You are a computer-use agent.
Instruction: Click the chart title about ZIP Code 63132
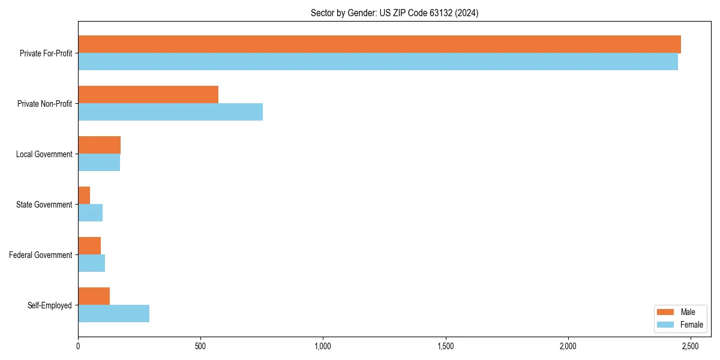394,13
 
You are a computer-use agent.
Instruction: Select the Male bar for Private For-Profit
379,44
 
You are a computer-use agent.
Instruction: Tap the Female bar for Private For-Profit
378,62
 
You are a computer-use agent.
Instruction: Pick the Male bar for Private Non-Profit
148,95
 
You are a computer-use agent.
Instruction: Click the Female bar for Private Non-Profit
170,112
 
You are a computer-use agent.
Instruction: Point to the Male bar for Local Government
99,145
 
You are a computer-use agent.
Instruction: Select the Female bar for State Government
90,213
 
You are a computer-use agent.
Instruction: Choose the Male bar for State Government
84,196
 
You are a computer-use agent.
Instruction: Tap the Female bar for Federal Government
91,263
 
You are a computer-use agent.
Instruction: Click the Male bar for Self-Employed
94,296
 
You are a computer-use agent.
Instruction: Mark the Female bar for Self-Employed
113,314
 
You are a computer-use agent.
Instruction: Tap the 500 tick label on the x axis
200,346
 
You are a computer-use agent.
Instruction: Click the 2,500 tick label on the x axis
690,346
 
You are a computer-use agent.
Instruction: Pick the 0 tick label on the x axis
78,346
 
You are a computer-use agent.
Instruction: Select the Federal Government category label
41,255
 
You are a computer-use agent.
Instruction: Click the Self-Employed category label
50,305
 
